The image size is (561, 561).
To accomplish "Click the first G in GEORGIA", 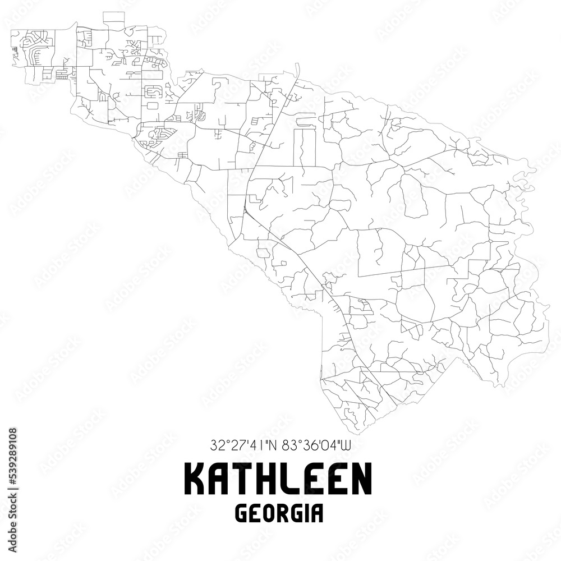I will (x=245, y=514).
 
